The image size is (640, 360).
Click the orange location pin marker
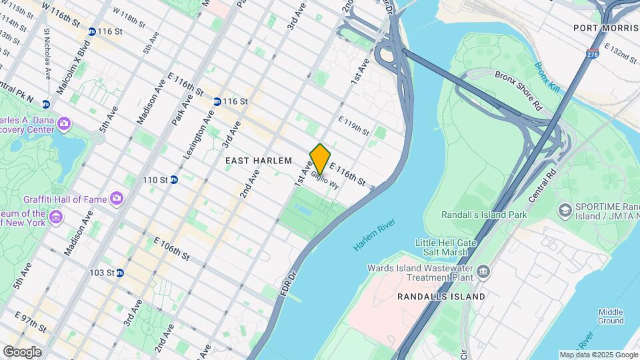click(x=320, y=159)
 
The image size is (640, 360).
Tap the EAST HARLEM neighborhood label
click(x=259, y=161)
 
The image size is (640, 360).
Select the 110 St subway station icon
click(x=174, y=179)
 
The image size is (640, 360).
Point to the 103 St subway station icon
click(x=120, y=273)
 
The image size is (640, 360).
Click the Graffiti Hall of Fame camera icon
click(x=117, y=198)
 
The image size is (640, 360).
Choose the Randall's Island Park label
click(x=484, y=215)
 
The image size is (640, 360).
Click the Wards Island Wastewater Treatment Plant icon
click(x=483, y=273)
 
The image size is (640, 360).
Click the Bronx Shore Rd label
click(x=519, y=90)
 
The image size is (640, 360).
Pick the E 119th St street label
click(x=353, y=126)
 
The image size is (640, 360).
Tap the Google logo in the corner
click(x=22, y=351)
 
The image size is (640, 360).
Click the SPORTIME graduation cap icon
click(x=564, y=210)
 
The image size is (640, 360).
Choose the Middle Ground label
click(x=610, y=316)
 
